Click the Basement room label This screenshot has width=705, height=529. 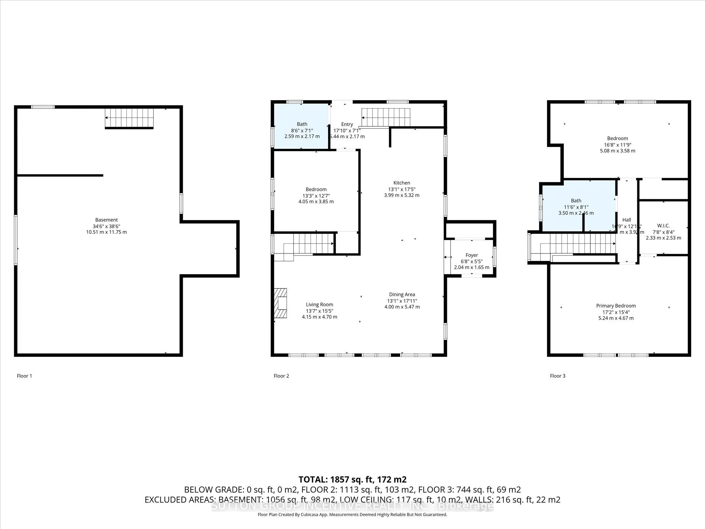pyautogui.click(x=106, y=220)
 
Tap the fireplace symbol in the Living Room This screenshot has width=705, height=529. pyautogui.click(x=281, y=303)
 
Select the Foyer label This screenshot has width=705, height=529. pyautogui.click(x=472, y=255)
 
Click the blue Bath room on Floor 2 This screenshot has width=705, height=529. pyautogui.click(x=301, y=126)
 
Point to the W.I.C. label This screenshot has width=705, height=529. pyautogui.click(x=663, y=226)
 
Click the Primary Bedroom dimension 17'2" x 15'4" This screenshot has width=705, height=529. pyautogui.click(x=616, y=312)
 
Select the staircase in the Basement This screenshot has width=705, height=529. pyautogui.click(x=129, y=118)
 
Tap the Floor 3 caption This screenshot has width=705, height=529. pyautogui.click(x=557, y=376)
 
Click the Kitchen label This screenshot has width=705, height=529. pyautogui.click(x=402, y=183)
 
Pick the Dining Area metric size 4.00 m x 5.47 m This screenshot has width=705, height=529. pyautogui.click(x=402, y=307)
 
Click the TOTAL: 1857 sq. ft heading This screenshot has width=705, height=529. pyautogui.click(x=352, y=479)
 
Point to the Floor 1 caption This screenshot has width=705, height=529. pyautogui.click(x=24, y=376)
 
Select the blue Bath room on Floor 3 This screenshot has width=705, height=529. pyautogui.click(x=578, y=207)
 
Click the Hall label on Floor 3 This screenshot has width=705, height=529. pyautogui.click(x=627, y=220)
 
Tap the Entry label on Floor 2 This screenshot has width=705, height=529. pyautogui.click(x=347, y=124)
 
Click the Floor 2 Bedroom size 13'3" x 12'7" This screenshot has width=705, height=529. pyautogui.click(x=316, y=196)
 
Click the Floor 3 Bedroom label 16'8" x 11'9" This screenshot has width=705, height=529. pyautogui.click(x=618, y=145)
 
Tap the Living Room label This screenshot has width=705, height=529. pyautogui.click(x=319, y=304)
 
